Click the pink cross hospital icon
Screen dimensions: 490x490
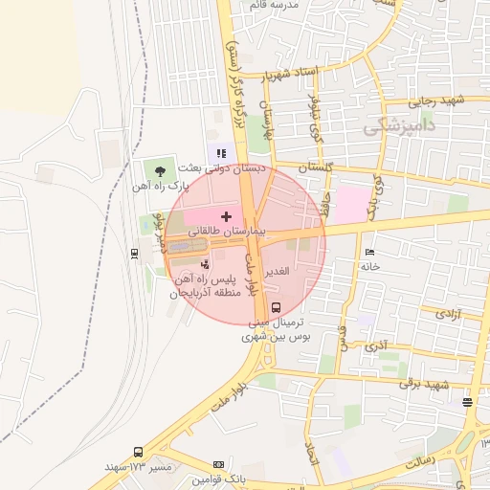(x=226, y=216)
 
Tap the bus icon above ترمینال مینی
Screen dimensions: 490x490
(x=277, y=307)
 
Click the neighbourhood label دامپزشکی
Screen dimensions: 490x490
(x=400, y=126)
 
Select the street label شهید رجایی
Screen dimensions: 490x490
(x=435, y=100)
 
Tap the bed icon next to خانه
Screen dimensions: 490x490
(x=370, y=252)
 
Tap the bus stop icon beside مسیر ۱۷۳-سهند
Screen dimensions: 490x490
(x=139, y=451)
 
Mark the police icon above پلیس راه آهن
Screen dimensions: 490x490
(x=203, y=263)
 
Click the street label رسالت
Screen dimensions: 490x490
(x=422, y=462)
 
